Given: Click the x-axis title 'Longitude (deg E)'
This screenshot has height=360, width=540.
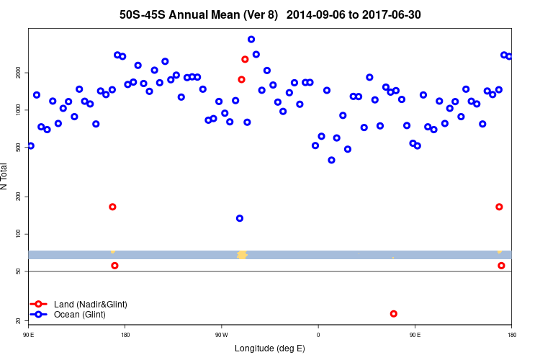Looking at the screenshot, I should [270, 348].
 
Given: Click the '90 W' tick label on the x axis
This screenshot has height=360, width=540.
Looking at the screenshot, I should [221, 334].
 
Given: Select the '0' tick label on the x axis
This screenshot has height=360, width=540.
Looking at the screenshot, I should [318, 334].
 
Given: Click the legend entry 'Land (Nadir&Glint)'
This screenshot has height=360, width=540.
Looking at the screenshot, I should [90, 305].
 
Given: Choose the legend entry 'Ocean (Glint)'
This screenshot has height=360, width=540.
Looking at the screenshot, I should [79, 315].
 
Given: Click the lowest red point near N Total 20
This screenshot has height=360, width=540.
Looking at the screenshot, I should [393, 313].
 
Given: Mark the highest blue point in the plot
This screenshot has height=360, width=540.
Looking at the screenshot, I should [251, 39].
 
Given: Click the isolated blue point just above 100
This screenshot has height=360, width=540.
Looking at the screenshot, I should [240, 218].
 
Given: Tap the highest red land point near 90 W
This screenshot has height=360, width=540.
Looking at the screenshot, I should [245, 59].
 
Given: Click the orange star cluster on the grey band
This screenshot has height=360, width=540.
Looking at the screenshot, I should [242, 254].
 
